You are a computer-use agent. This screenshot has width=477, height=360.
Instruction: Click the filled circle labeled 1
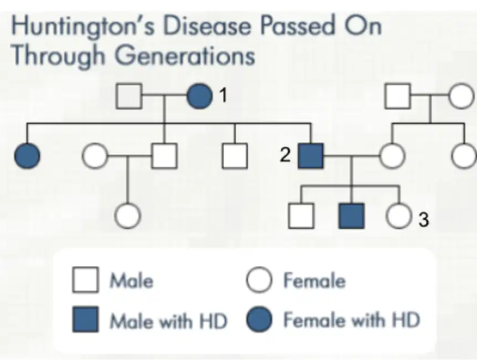200,96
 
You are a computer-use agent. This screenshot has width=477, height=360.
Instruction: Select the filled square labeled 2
310,156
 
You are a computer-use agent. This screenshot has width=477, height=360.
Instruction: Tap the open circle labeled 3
399,216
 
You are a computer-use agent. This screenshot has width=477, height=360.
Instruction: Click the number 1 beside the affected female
224,95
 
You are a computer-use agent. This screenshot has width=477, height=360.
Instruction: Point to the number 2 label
285,155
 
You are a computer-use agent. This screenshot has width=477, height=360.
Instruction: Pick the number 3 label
424,219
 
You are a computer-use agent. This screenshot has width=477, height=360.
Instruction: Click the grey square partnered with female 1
129,96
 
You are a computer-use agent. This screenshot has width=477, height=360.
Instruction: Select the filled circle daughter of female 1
27,156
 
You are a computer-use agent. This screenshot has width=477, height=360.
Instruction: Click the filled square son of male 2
352,216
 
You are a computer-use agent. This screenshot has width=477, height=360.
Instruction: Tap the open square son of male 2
301,216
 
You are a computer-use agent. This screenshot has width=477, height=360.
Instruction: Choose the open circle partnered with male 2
392,156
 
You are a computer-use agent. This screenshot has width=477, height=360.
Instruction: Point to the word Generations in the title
185,56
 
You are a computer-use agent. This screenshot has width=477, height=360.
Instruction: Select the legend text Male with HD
169,321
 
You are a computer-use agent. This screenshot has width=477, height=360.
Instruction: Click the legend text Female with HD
352,320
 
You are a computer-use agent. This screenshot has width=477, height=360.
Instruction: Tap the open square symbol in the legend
85,280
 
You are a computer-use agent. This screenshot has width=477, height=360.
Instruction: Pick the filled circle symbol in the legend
259,320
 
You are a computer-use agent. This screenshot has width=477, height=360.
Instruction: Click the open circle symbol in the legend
259,280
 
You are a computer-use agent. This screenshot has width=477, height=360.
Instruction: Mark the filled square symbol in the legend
85,320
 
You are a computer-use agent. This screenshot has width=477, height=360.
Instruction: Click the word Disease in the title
207,25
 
